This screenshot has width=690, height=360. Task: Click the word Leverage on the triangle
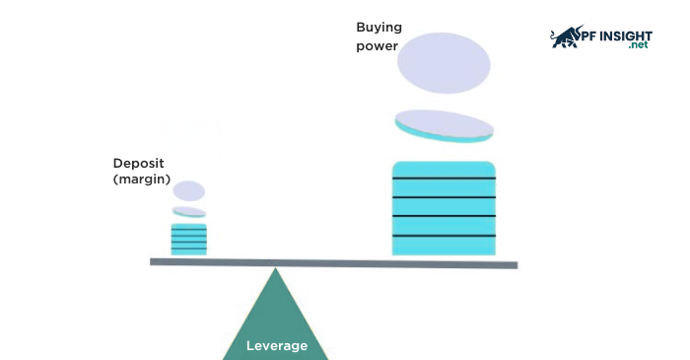pyautogui.click(x=277, y=346)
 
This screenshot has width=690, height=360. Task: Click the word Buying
pyautogui.click(x=379, y=27)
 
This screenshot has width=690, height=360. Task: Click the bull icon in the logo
pyautogui.click(x=568, y=37)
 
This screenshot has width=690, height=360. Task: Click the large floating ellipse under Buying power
pyautogui.click(x=444, y=63)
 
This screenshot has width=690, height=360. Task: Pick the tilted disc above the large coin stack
pyautogui.click(x=445, y=124)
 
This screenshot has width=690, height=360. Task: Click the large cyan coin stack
pyautogui.click(x=444, y=209)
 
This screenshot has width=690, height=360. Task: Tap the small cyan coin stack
pyautogui.click(x=188, y=240)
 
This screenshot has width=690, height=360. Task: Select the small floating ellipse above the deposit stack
pyautogui.click(x=189, y=191)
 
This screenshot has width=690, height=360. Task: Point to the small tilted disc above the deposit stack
pyautogui.click(x=189, y=212)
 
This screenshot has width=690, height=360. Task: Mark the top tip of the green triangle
pyautogui.click(x=275, y=270)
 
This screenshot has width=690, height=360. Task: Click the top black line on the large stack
pyautogui.click(x=444, y=179)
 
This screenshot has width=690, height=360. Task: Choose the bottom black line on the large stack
pyautogui.click(x=444, y=236)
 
